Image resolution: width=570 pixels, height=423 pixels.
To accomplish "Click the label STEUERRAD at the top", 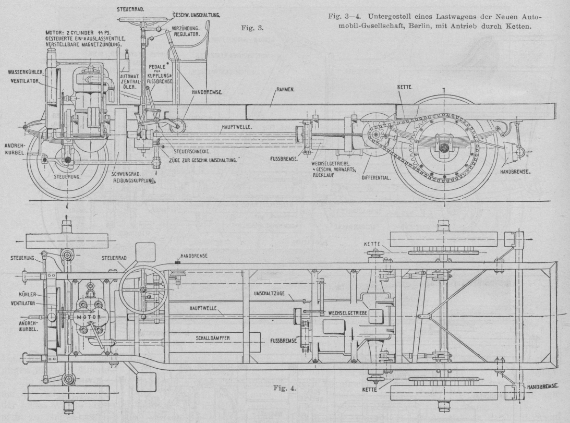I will point(130,9).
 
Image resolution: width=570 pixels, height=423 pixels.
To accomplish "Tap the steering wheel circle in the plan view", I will point(141,287).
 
